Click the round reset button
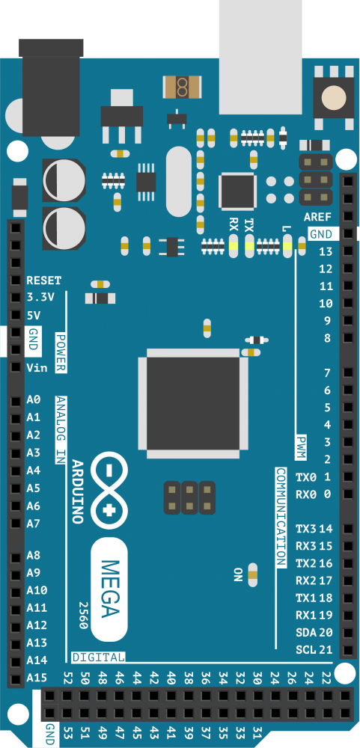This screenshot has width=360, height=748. tap(334, 98)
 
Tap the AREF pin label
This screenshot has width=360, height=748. tap(318, 218)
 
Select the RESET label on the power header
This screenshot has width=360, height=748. tap(44, 280)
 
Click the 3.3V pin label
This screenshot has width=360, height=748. tap(40, 297)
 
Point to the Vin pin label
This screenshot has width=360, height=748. tap(37, 368)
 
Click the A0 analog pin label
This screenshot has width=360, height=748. tap(34, 399)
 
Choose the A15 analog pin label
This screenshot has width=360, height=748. tap(37, 678)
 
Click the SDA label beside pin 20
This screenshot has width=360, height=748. tap(306, 633)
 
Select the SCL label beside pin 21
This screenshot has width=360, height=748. tap(306, 650)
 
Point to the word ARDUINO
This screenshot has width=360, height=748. tap(76, 491)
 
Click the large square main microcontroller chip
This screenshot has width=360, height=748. tap(193, 403)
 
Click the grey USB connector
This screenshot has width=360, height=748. tap(260, 58)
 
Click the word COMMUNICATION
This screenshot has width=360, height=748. tap(281, 517)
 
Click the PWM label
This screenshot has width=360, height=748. tap(300, 447)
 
